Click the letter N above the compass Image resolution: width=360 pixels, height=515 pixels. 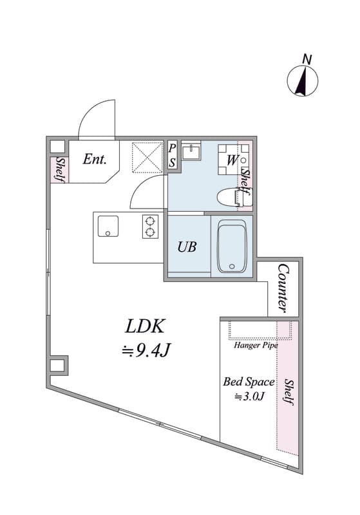307,59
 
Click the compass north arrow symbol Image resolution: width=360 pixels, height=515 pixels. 303,81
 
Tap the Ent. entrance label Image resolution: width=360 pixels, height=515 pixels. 95,159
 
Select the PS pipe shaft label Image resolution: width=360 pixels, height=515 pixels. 172,155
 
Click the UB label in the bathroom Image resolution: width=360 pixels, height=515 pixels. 187,247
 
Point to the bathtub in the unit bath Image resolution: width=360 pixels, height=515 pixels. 232,246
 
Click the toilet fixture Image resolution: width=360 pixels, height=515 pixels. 234,197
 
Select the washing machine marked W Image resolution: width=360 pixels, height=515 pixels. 232,160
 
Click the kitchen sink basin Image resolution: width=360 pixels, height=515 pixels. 108,226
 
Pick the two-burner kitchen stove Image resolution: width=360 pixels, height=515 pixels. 150,227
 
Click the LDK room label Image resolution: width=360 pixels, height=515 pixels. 144,326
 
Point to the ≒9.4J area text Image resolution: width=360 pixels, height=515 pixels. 146,351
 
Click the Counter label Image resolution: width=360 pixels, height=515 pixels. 283,288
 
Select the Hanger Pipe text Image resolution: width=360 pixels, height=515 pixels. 256,345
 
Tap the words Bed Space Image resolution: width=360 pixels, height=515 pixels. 249,382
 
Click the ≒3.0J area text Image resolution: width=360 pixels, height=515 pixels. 249,397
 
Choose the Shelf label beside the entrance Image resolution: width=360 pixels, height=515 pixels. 60,169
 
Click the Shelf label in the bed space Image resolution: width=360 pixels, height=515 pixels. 289,392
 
